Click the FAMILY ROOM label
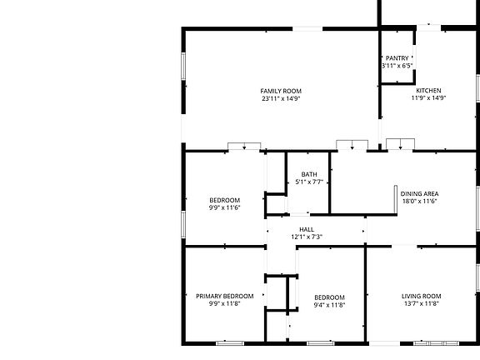[x=281, y=91]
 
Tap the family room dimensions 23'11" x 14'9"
[x=281, y=98]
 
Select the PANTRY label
[x=397, y=57]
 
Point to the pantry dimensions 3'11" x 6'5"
[x=397, y=66]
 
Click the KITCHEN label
[x=429, y=90]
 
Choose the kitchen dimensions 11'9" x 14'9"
[x=429, y=97]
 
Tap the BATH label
[x=309, y=174]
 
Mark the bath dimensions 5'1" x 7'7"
[x=309, y=182]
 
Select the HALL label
[x=307, y=229]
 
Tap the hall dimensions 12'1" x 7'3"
[x=307, y=237]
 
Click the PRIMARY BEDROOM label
[x=224, y=296]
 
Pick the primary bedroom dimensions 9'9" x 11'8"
[x=224, y=304]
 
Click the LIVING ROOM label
[x=422, y=296]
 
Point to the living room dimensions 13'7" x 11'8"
[x=422, y=304]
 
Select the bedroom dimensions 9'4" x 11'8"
[x=329, y=305]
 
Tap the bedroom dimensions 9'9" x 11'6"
[x=224, y=207]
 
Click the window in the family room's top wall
[x=307, y=29]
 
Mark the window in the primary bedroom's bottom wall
[x=229, y=342]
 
